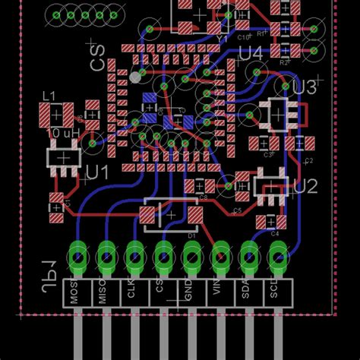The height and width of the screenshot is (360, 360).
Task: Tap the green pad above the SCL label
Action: (277, 257)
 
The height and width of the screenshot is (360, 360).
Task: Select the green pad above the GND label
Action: (191, 257)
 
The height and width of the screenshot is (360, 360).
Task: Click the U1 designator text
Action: (97, 173)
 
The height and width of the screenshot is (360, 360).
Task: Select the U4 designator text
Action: (250, 53)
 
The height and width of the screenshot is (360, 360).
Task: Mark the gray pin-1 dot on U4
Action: (135, 77)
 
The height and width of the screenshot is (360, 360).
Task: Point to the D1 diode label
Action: (192, 235)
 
